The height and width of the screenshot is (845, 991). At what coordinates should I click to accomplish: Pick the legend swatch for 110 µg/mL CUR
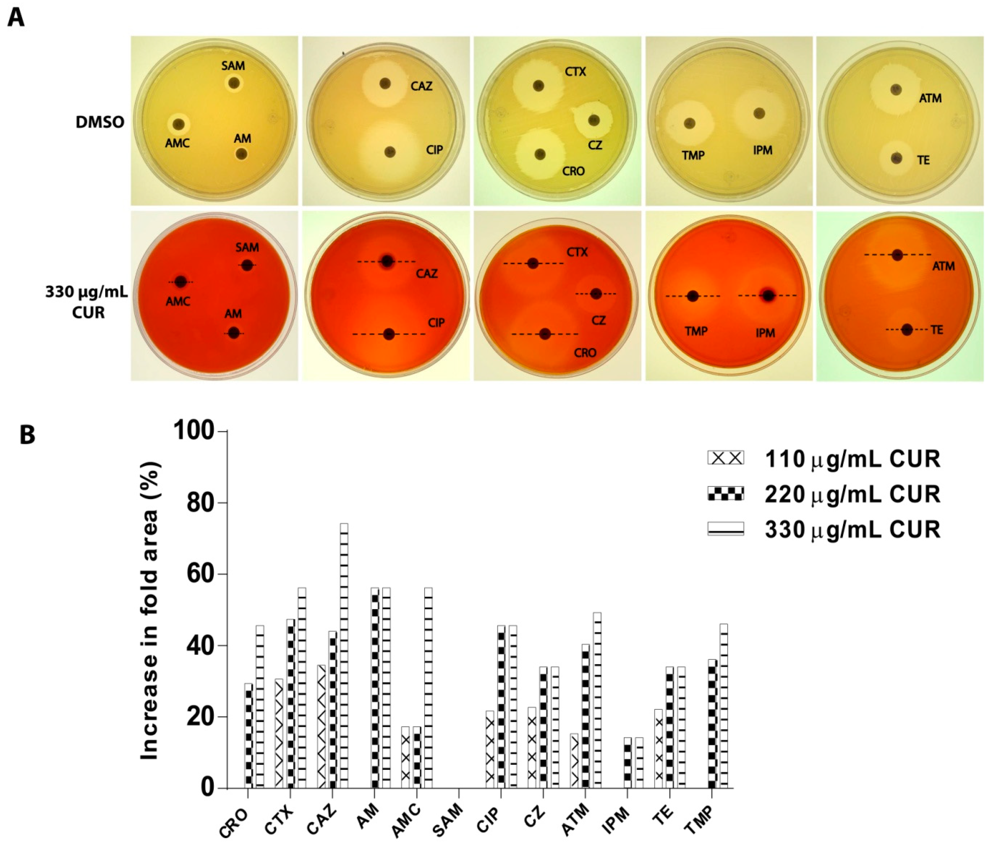(726, 458)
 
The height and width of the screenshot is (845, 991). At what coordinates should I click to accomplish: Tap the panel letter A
(16, 19)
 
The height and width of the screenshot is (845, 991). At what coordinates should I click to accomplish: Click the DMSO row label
(100, 122)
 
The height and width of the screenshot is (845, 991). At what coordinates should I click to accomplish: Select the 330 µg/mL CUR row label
(87, 302)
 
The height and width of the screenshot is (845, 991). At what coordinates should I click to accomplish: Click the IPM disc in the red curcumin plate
(768, 295)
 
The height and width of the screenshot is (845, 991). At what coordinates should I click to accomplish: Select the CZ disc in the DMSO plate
(594, 120)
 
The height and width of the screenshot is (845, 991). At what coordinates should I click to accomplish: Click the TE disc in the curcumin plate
(907, 329)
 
